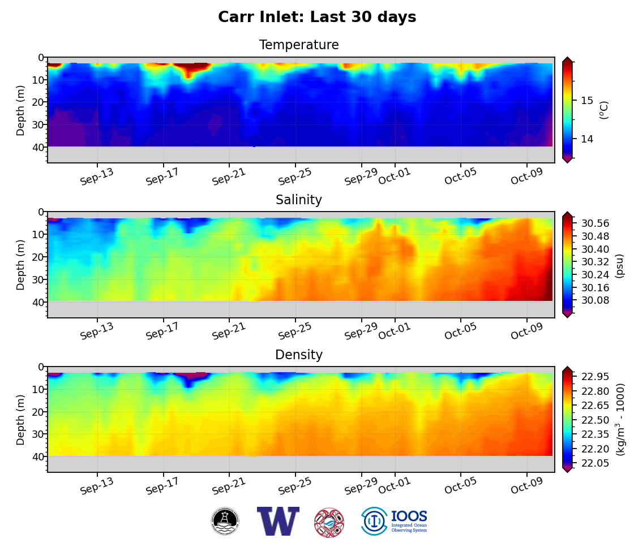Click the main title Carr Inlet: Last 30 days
(x=317, y=18)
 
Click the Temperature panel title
(x=299, y=45)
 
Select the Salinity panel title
(x=299, y=200)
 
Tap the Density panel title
(x=299, y=355)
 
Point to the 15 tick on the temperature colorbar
(x=586, y=100)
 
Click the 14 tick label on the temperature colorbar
(x=586, y=139)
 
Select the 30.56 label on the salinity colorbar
(x=595, y=223)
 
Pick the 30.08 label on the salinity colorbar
(x=595, y=300)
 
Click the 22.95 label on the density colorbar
(x=595, y=377)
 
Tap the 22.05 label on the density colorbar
(x=595, y=463)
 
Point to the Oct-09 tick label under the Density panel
(x=527, y=486)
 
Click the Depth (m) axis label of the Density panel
(x=21, y=420)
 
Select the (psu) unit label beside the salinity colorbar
(x=619, y=265)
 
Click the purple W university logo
(x=278, y=521)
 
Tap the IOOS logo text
(x=409, y=517)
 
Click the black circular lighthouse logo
(x=225, y=522)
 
